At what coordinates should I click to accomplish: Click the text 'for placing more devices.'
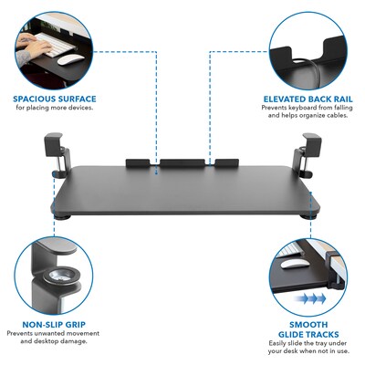coord(54,108)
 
